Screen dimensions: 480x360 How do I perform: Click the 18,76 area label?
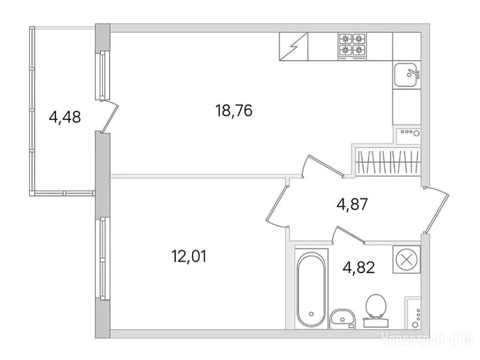pyautogui.click(x=234, y=111)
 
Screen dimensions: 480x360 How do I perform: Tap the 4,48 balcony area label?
pyautogui.click(x=65, y=117)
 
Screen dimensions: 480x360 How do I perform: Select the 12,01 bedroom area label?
pyautogui.click(x=189, y=256)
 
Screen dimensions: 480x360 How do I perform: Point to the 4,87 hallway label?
pyautogui.click(x=352, y=204)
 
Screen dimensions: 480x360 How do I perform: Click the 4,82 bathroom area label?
pyautogui.click(x=359, y=268)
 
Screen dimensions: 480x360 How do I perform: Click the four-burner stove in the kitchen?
pyautogui.click(x=352, y=46)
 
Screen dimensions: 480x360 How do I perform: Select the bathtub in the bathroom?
pyautogui.click(x=311, y=289)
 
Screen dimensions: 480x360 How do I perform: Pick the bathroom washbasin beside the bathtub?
pyautogui.click(x=342, y=319)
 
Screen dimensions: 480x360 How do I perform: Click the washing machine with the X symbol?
pyautogui.click(x=406, y=259)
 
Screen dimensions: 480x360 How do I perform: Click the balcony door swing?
pyautogui.click(x=109, y=118)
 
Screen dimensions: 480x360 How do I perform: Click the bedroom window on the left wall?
pyautogui.click(x=103, y=259)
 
